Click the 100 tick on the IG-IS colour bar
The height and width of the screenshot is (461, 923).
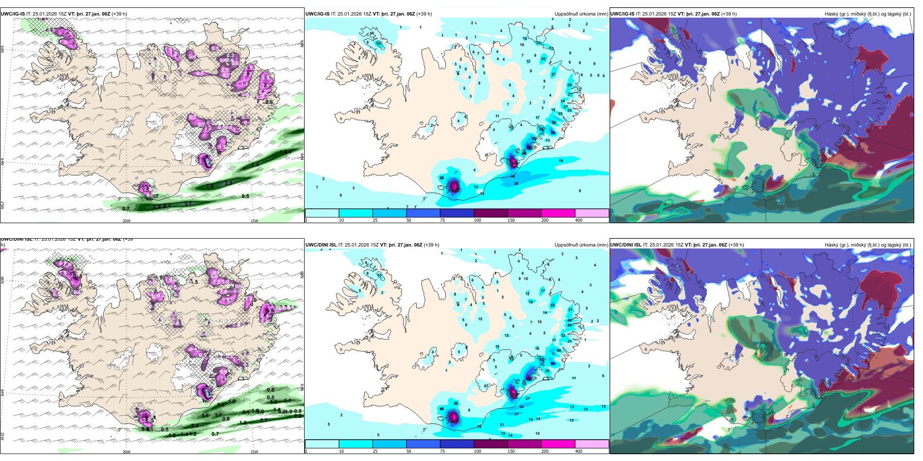point(478,220)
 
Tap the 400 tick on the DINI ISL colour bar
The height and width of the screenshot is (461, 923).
point(579,451)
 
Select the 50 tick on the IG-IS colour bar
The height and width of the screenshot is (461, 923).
point(409,220)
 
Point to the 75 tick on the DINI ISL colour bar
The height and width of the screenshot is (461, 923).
point(442,451)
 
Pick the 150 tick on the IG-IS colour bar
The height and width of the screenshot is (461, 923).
point(511,220)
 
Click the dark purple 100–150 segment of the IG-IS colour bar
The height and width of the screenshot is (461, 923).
point(491,213)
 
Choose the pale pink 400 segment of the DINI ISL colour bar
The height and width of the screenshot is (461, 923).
point(592,444)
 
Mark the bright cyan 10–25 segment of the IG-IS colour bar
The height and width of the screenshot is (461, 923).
point(356,213)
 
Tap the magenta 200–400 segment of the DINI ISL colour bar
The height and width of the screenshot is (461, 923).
point(558,444)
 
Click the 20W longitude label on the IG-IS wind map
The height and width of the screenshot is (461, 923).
point(126,221)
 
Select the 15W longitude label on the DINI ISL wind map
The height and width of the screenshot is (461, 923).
point(254,452)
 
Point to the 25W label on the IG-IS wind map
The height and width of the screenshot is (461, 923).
point(3,205)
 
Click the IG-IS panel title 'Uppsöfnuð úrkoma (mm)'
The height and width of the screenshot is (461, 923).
point(581,14)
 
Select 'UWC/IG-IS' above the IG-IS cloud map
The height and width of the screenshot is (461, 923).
point(622,14)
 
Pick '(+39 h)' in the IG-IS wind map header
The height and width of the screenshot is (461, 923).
point(120,14)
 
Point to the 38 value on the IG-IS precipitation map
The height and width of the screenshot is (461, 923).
point(516,183)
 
